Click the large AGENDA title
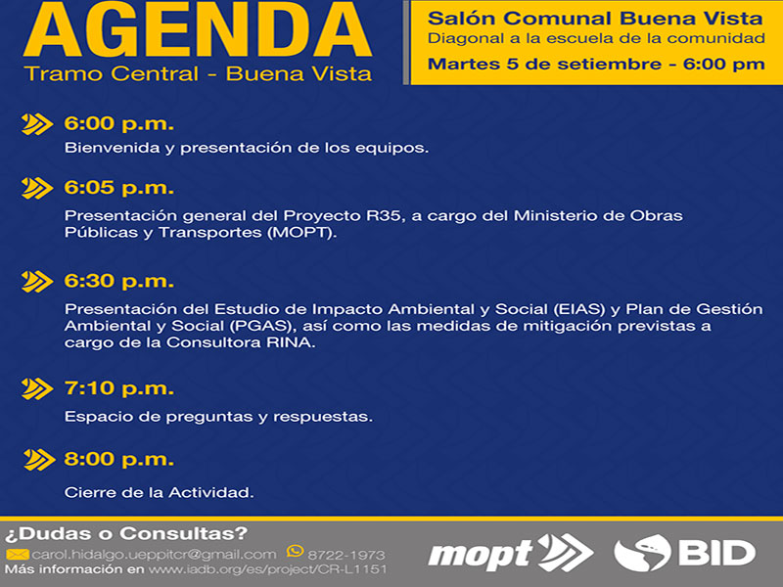pyautogui.click(x=198, y=29)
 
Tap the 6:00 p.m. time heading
pyautogui.click(x=118, y=124)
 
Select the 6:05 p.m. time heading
pyautogui.click(x=118, y=188)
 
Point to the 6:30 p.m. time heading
pyautogui.click(x=118, y=282)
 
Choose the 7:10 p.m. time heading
pyautogui.click(x=118, y=388)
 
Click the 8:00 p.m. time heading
pyautogui.click(x=118, y=460)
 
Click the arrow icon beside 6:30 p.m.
pyautogui.click(x=37, y=282)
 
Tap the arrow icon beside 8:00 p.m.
pyautogui.click(x=39, y=460)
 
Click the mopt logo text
pyautogui.click(x=481, y=555)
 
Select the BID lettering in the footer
pyautogui.click(x=716, y=553)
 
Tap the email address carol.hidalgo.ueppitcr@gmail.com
pyautogui.click(x=154, y=555)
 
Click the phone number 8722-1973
pyautogui.click(x=346, y=555)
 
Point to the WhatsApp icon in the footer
pyautogui.click(x=296, y=551)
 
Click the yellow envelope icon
pyautogui.click(x=17, y=555)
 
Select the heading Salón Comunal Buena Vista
pyautogui.click(x=595, y=19)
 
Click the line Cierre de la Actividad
pyautogui.click(x=159, y=493)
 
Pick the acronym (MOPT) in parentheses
pyautogui.click(x=301, y=233)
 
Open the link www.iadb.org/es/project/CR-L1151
pyautogui.click(x=267, y=569)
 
